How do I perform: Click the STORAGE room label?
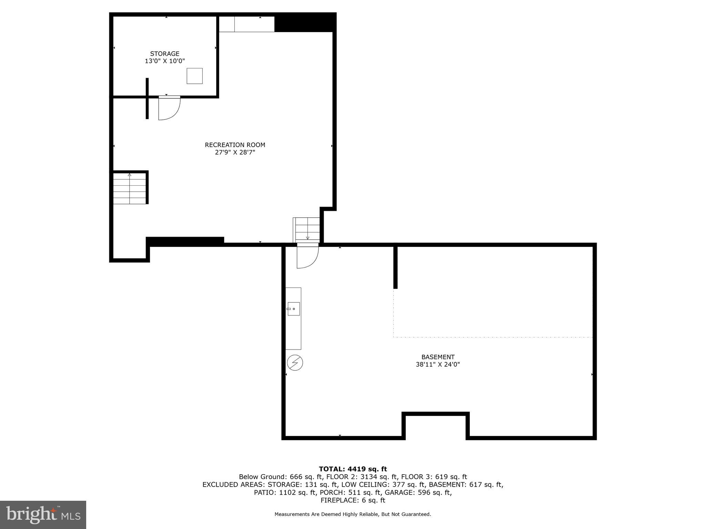[x=164, y=54]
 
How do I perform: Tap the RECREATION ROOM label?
[x=235, y=145]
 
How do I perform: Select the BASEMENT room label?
[x=438, y=357]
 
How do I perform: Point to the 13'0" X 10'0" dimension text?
[x=164, y=61]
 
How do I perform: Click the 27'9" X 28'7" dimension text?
[x=235, y=152]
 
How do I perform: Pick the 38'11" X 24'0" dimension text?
[x=438, y=364]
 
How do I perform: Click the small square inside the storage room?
[x=194, y=76]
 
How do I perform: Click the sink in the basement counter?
[x=294, y=309]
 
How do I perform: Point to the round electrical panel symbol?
[x=295, y=363]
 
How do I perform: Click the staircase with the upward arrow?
[x=130, y=189]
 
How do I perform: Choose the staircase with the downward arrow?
[x=306, y=230]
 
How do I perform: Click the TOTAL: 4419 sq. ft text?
[x=353, y=469]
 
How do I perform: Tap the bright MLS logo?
[x=43, y=515]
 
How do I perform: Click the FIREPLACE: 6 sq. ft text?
[x=353, y=500]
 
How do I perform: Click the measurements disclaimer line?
[x=353, y=514]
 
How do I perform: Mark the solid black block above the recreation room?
[x=305, y=23]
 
